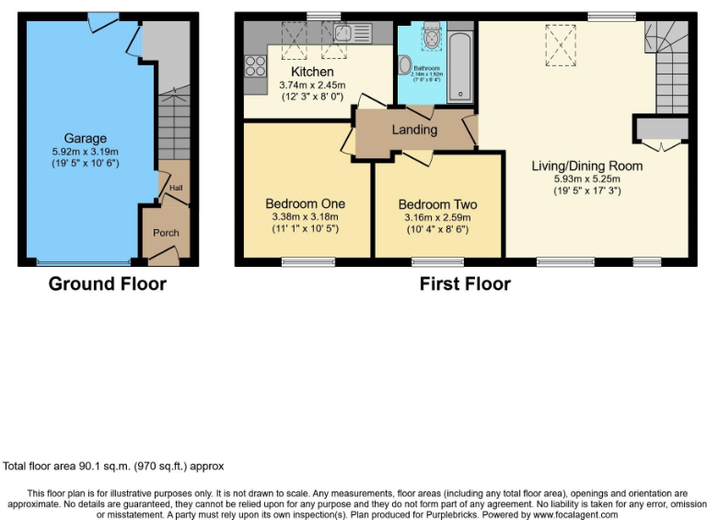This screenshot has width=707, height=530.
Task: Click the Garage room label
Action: (85, 139)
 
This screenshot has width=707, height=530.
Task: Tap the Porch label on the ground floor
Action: (166, 233)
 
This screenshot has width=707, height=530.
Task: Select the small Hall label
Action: (175, 190)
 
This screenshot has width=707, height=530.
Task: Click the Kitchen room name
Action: (312, 72)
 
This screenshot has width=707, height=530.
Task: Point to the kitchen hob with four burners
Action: (255, 65)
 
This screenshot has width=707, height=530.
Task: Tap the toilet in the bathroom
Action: (406, 64)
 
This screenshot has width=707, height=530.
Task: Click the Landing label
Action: (414, 130)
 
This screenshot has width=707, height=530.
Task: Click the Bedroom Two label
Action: (437, 204)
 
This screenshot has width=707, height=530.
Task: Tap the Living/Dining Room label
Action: (586, 167)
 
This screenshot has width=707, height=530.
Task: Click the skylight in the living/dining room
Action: (558, 41)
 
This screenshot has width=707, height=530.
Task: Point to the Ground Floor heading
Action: (108, 283)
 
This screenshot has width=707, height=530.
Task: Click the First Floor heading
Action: (465, 283)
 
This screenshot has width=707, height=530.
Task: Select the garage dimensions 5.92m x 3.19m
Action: (85, 152)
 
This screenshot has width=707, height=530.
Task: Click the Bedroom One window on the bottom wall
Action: (296, 263)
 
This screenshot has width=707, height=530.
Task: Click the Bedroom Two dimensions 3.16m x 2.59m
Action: (437, 218)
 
